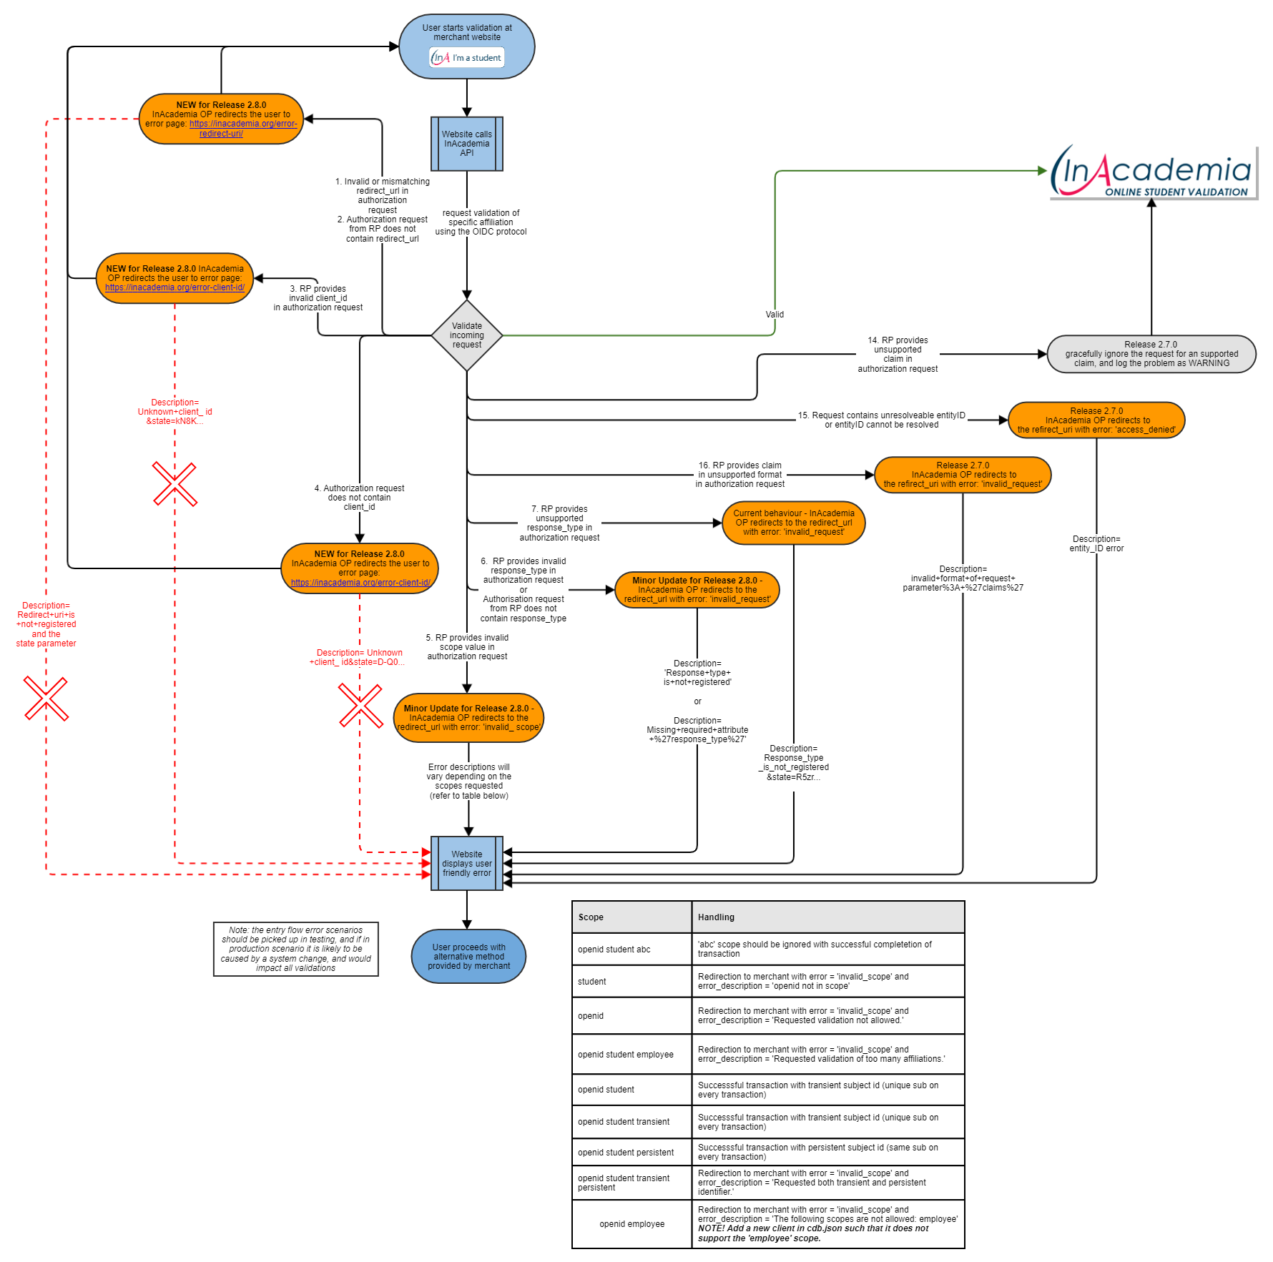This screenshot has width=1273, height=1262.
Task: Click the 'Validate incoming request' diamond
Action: pyautogui.click(x=466, y=335)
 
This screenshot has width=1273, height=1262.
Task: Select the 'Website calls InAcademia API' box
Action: pyautogui.click(x=466, y=144)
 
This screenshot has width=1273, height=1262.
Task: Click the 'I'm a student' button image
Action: pyautogui.click(x=467, y=58)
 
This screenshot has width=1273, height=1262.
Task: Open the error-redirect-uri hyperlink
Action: pyautogui.click(x=243, y=129)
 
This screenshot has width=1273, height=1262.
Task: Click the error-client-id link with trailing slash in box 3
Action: pyautogui.click(x=175, y=287)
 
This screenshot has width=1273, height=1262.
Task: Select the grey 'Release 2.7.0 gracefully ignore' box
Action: pyautogui.click(x=1151, y=354)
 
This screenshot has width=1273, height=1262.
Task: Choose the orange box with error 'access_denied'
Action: pyautogui.click(x=1096, y=420)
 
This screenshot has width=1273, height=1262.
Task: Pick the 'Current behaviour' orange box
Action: pyautogui.click(x=793, y=523)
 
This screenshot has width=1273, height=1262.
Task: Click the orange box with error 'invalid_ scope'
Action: pyautogui.click(x=468, y=718)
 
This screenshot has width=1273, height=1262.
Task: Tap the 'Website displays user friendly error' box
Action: pyautogui.click(x=466, y=863)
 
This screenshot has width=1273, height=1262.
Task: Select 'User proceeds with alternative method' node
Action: pyautogui.click(x=468, y=956)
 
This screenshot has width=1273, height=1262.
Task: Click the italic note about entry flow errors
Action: pyautogui.click(x=295, y=949)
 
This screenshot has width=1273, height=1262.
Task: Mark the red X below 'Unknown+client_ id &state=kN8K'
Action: pyautogui.click(x=175, y=484)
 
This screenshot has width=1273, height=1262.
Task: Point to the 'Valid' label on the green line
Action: pyautogui.click(x=775, y=315)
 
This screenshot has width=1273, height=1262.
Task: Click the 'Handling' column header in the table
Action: pyautogui.click(x=716, y=917)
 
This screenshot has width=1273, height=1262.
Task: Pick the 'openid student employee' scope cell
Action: pyautogui.click(x=626, y=1055)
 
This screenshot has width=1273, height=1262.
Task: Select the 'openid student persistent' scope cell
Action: pyautogui.click(x=626, y=1153)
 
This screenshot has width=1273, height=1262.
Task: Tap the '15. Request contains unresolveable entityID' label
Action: pyautogui.click(x=881, y=420)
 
